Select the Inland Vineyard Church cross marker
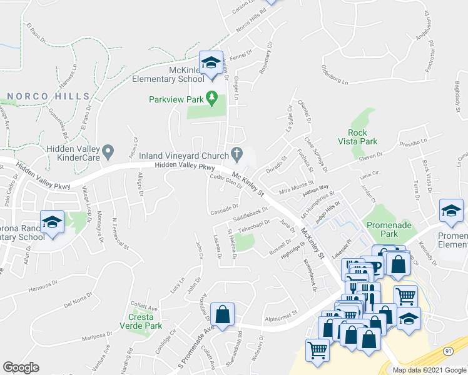237,152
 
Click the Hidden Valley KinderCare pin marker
108,151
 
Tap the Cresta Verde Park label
141,321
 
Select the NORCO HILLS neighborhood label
47,96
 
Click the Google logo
21,367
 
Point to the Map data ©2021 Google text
429,370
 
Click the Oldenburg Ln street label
334,74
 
